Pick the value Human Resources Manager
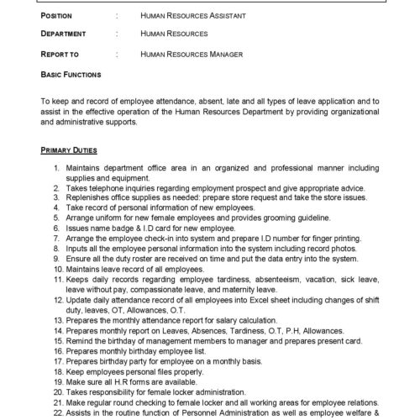(192, 55)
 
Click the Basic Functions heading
(71, 75)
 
